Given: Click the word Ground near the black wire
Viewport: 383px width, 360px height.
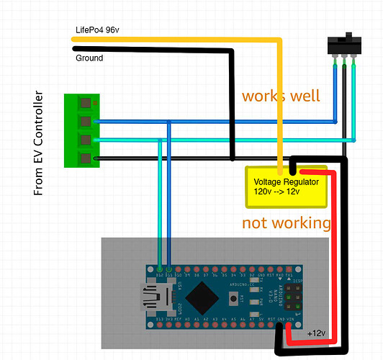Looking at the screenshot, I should pyautogui.click(x=89, y=58).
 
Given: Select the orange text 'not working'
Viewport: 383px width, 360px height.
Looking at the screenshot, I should pyautogui.click(x=286, y=222).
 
